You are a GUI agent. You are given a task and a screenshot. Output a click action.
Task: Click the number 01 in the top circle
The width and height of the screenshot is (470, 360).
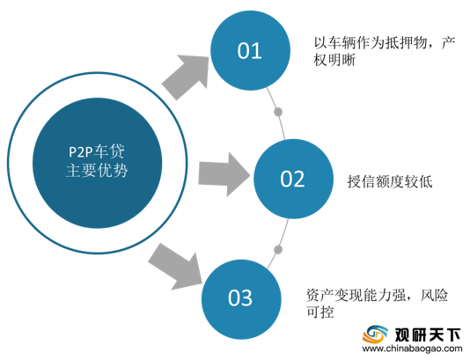[249, 51]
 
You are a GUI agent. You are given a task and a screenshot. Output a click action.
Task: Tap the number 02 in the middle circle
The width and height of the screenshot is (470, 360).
[292, 179]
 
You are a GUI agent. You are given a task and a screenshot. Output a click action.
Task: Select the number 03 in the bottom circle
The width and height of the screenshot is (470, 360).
[240, 298]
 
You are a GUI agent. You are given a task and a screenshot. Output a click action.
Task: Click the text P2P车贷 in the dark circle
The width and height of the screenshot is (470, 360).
[97, 151]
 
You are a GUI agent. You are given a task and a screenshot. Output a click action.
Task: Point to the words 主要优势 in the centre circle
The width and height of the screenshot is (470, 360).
[97, 171]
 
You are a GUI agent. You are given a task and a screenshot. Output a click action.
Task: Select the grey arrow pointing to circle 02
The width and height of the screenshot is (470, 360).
[224, 174]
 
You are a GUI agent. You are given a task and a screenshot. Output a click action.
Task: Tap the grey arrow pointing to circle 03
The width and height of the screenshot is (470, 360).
[175, 267]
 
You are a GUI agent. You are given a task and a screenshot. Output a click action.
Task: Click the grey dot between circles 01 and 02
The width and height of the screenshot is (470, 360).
[278, 112]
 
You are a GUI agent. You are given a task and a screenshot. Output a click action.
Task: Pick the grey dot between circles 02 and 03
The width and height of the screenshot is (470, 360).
[278, 249]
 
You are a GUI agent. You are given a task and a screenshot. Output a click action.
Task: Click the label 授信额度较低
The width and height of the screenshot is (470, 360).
[390, 181]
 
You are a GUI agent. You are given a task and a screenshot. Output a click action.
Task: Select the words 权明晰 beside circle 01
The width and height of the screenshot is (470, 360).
[334, 60]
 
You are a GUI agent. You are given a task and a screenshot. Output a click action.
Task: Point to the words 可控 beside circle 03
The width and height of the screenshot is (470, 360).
[319, 312]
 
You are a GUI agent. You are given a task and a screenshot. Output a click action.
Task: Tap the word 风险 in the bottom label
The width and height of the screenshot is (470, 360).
[434, 295]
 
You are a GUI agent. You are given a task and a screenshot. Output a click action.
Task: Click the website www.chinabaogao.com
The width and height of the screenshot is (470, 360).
[412, 349]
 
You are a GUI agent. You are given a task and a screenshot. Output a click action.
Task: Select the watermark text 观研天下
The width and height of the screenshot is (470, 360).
[428, 334]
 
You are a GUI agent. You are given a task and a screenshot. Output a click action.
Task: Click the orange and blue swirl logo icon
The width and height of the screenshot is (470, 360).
[375, 334]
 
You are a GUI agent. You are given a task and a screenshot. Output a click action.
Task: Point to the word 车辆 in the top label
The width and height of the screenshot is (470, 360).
[341, 43]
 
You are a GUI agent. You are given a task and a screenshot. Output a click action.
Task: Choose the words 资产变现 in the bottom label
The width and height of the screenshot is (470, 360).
[334, 295]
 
